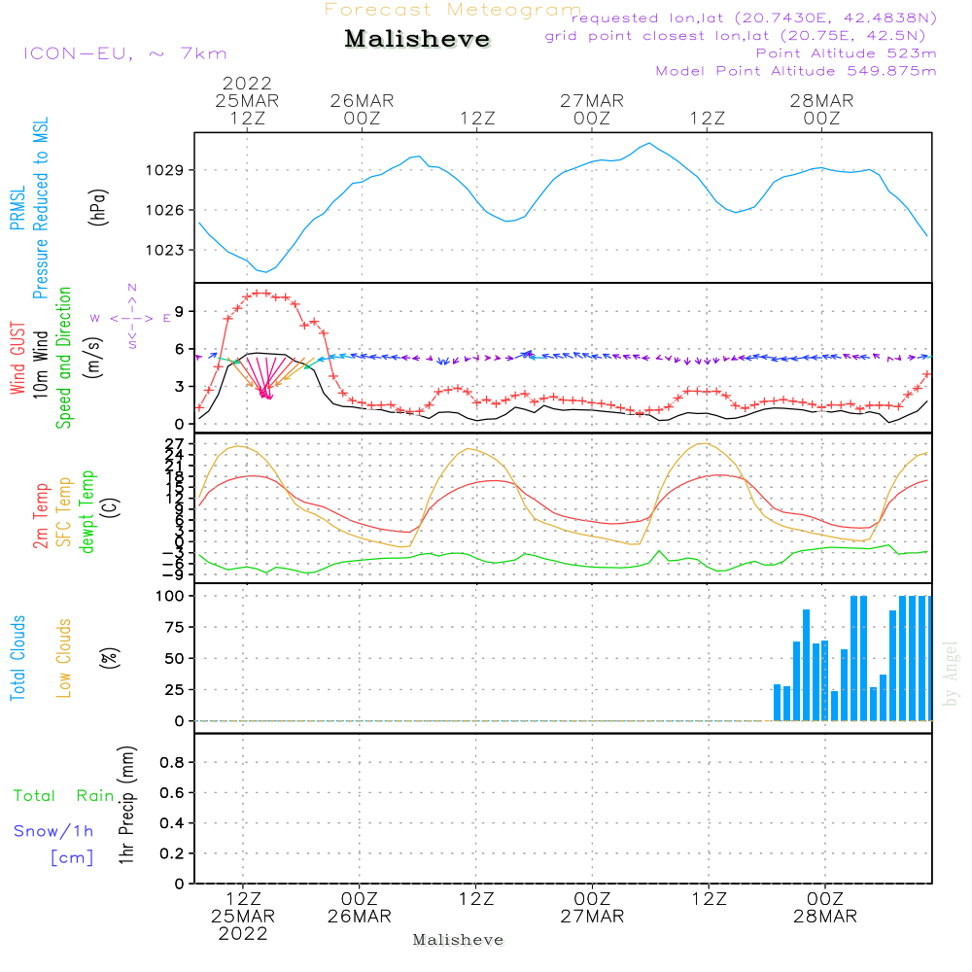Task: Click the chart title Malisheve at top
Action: tap(418, 40)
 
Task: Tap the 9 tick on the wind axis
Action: tap(179, 311)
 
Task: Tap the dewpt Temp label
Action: tap(87, 512)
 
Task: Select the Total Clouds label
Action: tap(17, 658)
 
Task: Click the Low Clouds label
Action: tap(64, 658)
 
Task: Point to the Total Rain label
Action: tap(64, 796)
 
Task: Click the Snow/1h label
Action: tap(53, 831)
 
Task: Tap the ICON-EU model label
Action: tap(124, 53)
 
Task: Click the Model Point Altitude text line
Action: tap(796, 71)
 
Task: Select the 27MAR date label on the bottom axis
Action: tap(592, 917)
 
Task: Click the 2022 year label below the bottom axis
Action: tap(243, 934)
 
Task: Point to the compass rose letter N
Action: tap(132, 288)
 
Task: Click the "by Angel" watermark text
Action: tap(951, 673)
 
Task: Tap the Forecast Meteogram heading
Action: tap(452, 10)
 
